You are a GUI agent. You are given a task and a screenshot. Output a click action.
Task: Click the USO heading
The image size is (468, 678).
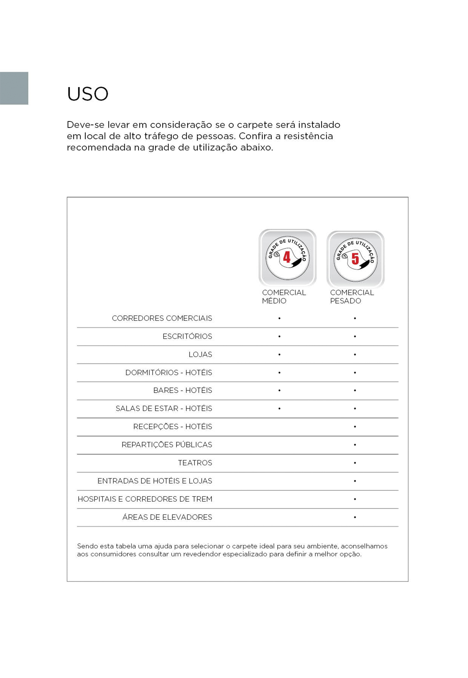point(88,94)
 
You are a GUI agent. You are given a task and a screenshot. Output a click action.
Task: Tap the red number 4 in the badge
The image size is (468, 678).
point(287,257)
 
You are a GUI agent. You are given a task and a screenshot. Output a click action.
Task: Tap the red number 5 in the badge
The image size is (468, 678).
point(355,258)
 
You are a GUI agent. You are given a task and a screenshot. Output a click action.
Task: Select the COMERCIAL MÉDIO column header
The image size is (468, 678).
point(284,296)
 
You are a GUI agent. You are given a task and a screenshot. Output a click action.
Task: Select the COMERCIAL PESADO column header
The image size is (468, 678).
point(352,296)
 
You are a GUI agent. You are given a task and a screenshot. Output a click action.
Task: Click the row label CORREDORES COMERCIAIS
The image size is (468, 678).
point(162,318)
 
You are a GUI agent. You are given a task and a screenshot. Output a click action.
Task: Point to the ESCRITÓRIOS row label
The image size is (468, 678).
point(187,336)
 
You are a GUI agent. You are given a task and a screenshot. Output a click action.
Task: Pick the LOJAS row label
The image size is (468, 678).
point(200,354)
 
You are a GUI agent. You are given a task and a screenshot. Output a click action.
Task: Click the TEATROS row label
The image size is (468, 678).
point(195,463)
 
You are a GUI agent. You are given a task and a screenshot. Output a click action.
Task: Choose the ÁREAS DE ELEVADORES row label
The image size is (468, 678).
point(167,517)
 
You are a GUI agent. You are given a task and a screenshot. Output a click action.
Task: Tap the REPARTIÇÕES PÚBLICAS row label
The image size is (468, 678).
point(167,444)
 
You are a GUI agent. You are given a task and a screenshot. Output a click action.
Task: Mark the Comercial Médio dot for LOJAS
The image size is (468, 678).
point(279,354)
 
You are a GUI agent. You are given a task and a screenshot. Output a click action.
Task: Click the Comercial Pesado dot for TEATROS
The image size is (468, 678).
point(355,463)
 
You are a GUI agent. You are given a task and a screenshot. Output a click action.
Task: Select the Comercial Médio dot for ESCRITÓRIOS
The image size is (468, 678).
point(279,336)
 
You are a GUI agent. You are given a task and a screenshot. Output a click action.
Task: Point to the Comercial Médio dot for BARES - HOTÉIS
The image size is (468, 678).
point(279,390)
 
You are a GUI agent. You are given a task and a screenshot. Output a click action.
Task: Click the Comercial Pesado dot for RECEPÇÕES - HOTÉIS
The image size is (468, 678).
point(355,427)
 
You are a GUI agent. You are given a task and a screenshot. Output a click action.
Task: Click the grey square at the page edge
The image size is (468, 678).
point(14,88)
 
